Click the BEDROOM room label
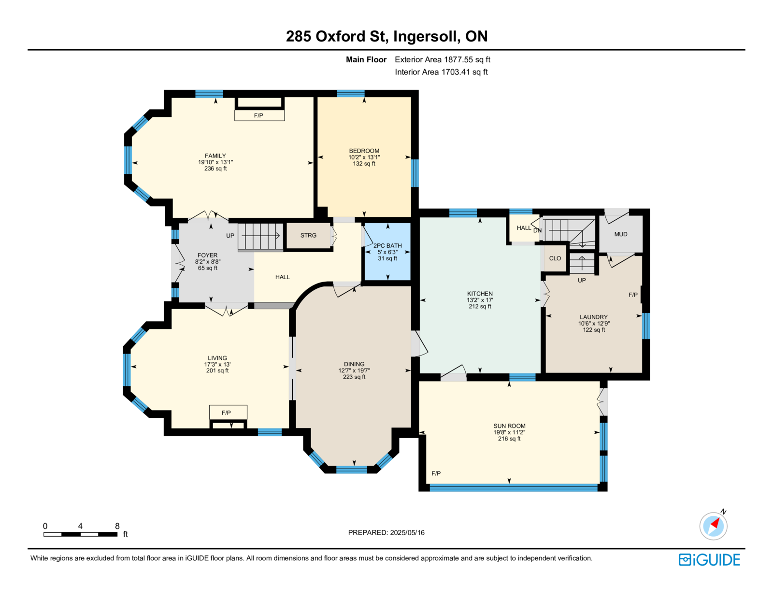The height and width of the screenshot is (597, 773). click(x=364, y=151)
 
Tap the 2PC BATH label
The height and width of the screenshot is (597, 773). click(x=387, y=246)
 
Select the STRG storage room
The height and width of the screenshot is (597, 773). click(x=308, y=235)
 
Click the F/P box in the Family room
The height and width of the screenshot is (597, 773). click(x=259, y=115)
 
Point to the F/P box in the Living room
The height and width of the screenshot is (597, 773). click(x=228, y=412)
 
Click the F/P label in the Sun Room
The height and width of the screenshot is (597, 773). click(x=436, y=473)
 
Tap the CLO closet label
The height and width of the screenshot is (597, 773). click(x=555, y=258)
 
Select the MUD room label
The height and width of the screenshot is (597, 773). click(x=621, y=234)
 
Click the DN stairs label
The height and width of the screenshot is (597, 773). click(x=538, y=230)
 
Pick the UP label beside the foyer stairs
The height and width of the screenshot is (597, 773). click(x=230, y=235)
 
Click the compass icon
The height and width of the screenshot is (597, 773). click(x=714, y=526)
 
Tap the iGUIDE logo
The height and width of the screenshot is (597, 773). click(x=709, y=560)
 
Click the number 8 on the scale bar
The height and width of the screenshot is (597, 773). click(x=117, y=526)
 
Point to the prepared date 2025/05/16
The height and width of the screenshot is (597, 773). click(x=407, y=532)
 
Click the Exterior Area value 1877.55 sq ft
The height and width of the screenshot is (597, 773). click(x=467, y=59)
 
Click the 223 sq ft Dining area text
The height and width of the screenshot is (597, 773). click(x=354, y=377)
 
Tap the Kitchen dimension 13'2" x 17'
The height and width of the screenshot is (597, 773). click(x=480, y=300)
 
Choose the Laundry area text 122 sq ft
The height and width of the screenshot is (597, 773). click(x=594, y=329)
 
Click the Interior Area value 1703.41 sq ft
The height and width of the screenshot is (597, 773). click(x=464, y=72)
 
